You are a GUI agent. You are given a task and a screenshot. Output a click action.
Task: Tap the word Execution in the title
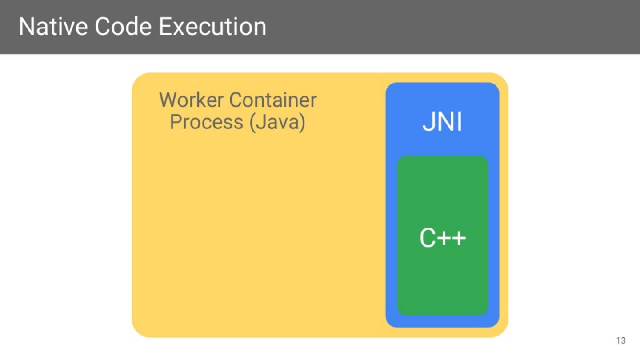[212, 27]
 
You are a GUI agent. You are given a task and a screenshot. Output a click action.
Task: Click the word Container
[273, 100]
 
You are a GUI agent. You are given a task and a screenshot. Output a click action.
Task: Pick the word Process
[207, 122]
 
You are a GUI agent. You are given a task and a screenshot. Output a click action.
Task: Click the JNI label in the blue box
[442, 122]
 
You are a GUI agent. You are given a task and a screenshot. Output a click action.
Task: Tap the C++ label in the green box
[443, 238]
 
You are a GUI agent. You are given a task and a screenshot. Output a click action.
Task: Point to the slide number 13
[621, 341]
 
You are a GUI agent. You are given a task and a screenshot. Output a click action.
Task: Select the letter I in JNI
[459, 122]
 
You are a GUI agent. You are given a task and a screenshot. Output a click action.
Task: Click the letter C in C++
[428, 238]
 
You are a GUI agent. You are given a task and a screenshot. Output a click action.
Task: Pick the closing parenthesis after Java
[303, 122]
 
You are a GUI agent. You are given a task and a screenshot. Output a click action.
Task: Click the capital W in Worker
[168, 100]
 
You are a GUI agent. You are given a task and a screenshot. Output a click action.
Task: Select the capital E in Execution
[165, 27]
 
